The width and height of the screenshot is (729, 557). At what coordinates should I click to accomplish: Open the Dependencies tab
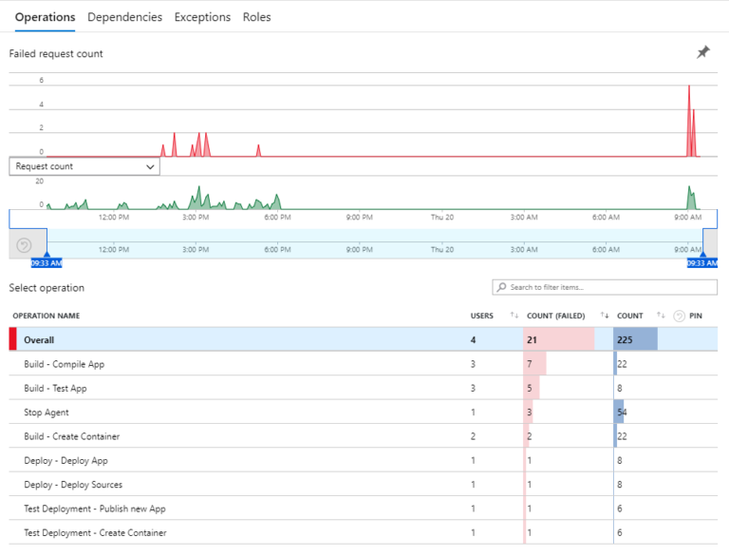[x=124, y=17]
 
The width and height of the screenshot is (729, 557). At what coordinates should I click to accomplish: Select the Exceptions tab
[x=202, y=17]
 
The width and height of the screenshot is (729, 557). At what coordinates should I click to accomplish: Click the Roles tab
[x=256, y=17]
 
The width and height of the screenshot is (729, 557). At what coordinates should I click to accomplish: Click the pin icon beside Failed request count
[x=702, y=53]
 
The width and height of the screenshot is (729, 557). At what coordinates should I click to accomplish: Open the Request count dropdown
[x=84, y=166]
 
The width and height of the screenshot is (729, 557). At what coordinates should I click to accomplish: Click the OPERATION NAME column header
[x=46, y=316]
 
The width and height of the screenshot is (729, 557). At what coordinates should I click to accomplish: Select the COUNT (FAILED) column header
[x=554, y=316]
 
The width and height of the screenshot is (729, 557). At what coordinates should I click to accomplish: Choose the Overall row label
[x=39, y=339]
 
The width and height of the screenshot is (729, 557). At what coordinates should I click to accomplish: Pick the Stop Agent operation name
[x=46, y=413]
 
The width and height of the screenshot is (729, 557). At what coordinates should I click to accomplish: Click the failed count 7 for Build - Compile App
[x=529, y=364]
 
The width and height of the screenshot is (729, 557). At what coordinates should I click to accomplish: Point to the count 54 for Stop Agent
[x=622, y=413]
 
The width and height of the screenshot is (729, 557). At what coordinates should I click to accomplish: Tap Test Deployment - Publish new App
[x=95, y=509]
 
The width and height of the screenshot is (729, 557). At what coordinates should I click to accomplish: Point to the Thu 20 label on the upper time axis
[x=441, y=217]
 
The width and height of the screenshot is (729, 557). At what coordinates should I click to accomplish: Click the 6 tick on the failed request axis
[x=41, y=81]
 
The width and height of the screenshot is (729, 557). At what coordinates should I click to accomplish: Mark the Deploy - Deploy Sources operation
[x=73, y=485]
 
